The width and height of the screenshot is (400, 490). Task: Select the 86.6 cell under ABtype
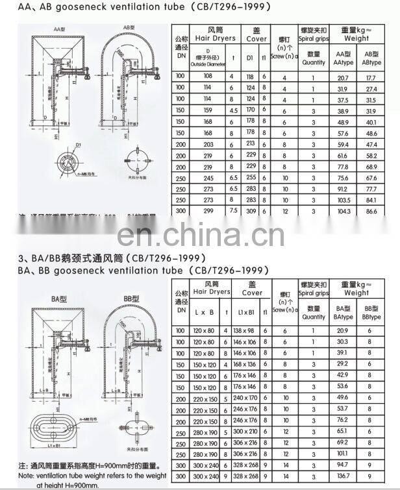pyautogui.click(x=371, y=212)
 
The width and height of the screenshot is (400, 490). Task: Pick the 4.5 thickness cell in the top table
pyautogui.click(x=233, y=110)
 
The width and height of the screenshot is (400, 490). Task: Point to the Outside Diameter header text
pyautogui.click(x=208, y=64)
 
